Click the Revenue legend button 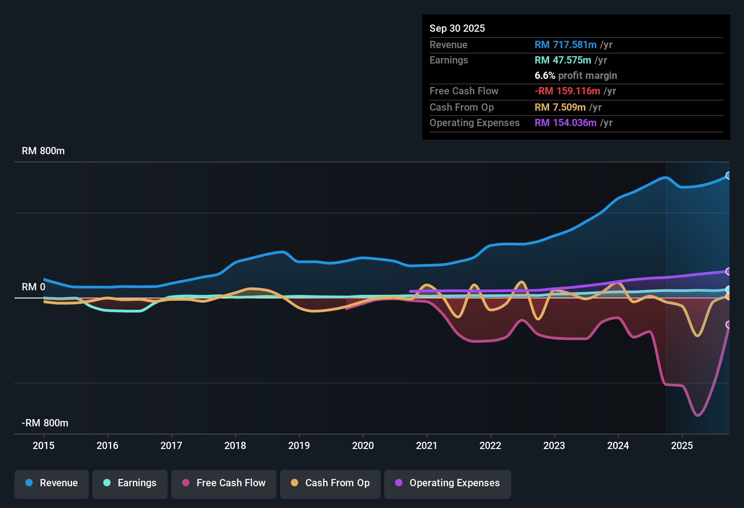coord(52,483)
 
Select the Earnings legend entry coord(130,483)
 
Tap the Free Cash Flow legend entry coord(223,483)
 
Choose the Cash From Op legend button coord(330,483)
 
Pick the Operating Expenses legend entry coord(447,483)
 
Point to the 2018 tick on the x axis coord(235,445)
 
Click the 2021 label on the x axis coord(426,445)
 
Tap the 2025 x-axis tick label coord(681,445)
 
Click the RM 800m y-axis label coord(43,151)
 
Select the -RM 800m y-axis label coord(45,423)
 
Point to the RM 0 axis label coord(34,287)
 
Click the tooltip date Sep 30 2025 coord(457,28)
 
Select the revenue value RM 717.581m coord(565,44)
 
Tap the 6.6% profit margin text coord(575,75)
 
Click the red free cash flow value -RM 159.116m coord(567,91)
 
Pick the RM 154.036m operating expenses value coord(565,122)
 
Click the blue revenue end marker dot coord(729,176)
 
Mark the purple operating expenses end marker coord(729,271)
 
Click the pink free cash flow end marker coord(729,324)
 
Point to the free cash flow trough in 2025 coord(697,415)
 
